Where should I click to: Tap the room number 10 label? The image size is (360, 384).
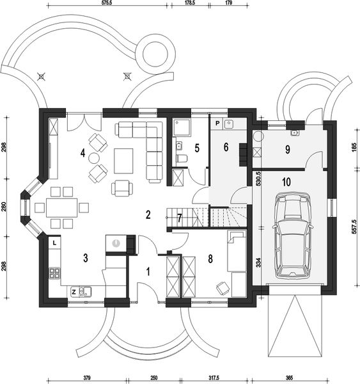[286, 182]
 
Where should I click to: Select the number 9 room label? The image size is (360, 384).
[288, 150]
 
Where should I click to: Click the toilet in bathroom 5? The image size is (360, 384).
[181, 159]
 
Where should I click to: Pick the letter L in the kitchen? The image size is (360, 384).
[55, 243]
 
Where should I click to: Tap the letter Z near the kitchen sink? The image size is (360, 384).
[75, 291]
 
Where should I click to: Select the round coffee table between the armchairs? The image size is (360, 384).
[94, 157]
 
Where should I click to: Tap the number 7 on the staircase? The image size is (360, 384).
[180, 218]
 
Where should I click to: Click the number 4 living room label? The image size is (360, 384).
[82, 152]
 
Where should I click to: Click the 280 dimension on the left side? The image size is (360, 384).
[4, 208]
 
